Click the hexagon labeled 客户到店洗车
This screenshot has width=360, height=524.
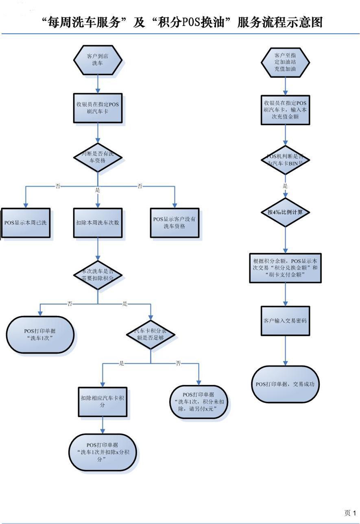(98, 60)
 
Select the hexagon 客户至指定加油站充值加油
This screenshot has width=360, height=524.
(285, 63)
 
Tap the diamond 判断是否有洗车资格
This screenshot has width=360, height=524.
(98, 157)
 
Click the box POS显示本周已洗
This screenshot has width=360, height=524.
(26, 222)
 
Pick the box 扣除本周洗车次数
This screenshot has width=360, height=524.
(98, 222)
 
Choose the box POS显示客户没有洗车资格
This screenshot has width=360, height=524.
(175, 222)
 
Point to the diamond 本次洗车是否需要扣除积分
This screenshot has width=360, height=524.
(98, 275)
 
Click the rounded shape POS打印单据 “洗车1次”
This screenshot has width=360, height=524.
(40, 334)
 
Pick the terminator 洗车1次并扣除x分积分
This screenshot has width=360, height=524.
(103, 452)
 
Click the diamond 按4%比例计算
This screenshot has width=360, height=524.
(285, 212)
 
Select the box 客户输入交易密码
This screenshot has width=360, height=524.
(285, 320)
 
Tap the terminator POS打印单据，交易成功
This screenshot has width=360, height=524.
(285, 384)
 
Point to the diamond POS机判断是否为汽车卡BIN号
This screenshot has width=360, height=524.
(285, 160)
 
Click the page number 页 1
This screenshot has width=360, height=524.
(350, 513)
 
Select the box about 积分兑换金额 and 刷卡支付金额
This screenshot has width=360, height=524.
(285, 268)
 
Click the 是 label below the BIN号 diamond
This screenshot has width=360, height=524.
(285, 186)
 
